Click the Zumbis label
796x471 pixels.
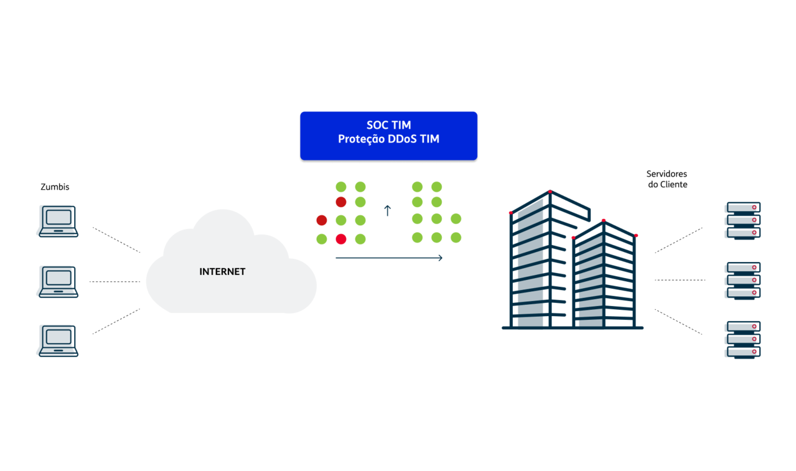coord(55,187)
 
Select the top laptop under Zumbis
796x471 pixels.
coord(58,222)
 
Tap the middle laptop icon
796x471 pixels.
coord(58,282)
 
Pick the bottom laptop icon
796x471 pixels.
coord(58,341)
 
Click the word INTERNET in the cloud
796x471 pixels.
coord(222,272)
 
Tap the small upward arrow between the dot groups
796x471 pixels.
coord(387,211)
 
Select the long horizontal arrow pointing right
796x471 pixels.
coord(389,258)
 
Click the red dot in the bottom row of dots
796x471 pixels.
coord(341,239)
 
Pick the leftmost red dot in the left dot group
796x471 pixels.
coord(322,220)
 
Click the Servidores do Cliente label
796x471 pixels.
coord(667,179)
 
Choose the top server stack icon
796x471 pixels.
coord(743,221)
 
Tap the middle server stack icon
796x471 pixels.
coord(743,281)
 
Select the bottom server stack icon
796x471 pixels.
coord(743,340)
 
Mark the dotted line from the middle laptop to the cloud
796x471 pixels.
coord(115,282)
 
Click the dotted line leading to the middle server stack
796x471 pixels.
coord(680,280)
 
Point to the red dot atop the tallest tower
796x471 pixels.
coord(550,192)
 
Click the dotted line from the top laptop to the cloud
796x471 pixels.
coord(116,240)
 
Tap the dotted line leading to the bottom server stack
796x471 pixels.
coord(678,322)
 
